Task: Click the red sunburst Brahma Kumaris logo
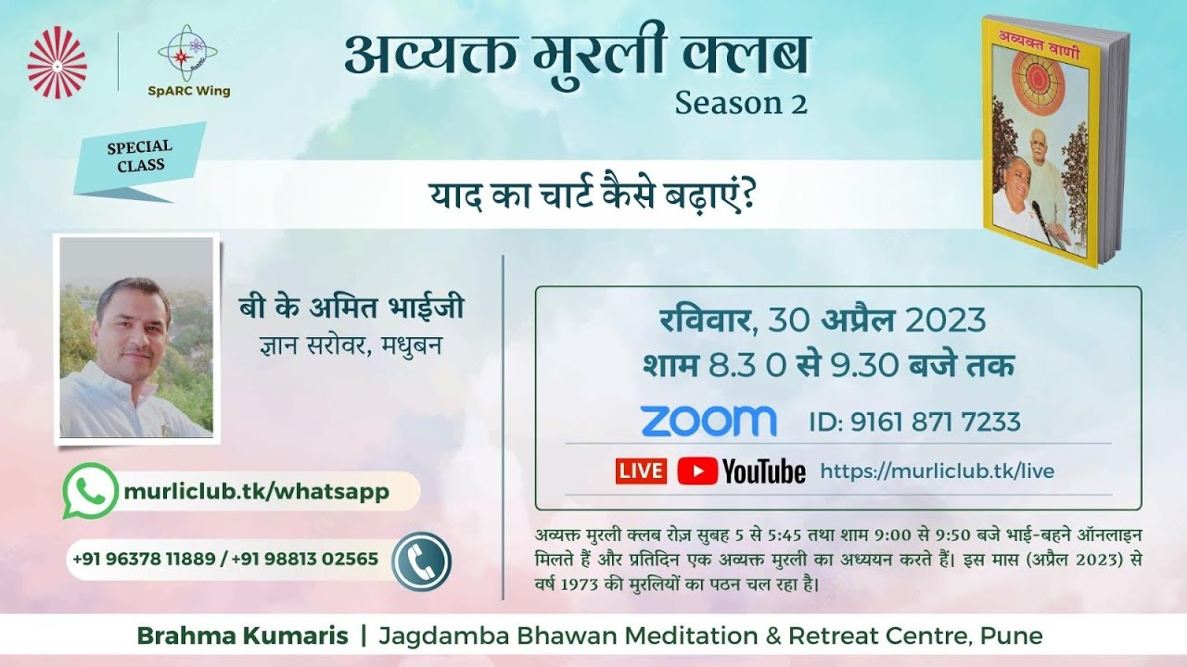57,63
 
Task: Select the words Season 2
740,103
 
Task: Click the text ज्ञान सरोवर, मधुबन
349,344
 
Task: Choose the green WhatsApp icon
90,491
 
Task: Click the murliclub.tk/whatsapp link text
256,491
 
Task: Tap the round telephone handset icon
420,560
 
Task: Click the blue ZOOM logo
708,422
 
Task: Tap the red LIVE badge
640,471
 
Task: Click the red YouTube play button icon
696,471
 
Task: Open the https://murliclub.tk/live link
937,471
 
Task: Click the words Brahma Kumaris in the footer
243,636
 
